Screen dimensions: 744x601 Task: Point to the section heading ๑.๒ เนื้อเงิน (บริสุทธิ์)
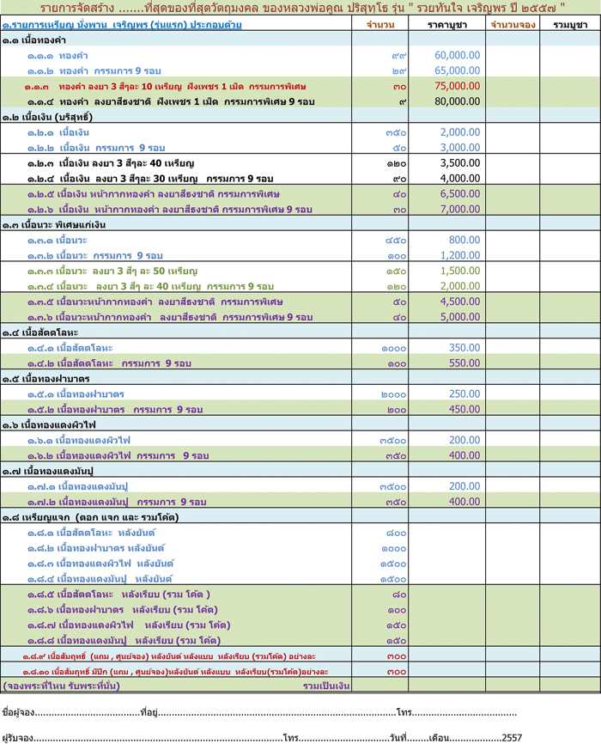point(47,116)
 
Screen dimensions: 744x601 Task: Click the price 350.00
point(464,347)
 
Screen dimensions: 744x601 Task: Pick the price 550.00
point(464,363)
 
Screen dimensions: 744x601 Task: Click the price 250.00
point(464,393)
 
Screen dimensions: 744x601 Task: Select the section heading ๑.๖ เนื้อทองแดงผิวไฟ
point(48,424)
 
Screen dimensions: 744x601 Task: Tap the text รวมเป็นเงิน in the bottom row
point(328,686)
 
